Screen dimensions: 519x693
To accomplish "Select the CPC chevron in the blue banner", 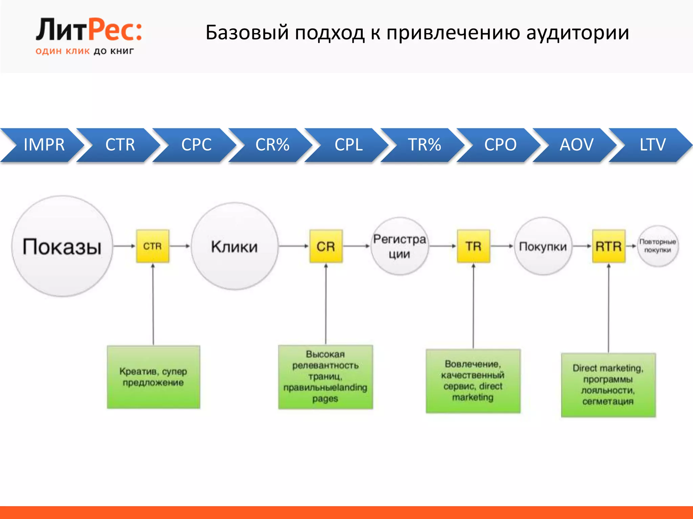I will tap(196, 145).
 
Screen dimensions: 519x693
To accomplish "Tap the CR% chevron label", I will tap(272, 145).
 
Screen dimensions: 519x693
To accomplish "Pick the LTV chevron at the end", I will tap(652, 145).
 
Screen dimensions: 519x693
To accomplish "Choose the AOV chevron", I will tap(576, 145).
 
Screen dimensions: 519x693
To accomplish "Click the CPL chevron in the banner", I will tap(349, 145).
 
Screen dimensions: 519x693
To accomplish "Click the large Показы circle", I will tap(62, 246).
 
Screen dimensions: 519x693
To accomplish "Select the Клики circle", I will tap(234, 246).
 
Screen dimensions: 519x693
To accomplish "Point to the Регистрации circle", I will tap(400, 246).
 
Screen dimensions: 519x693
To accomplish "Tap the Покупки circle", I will tap(543, 246).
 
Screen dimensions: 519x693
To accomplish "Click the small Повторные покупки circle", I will tap(657, 246).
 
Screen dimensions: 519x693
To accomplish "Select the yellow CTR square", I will tap(153, 246).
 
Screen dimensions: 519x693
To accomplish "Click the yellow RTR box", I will tap(608, 246).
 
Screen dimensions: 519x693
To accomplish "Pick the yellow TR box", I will tap(473, 246).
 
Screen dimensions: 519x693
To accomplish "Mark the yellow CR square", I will tap(326, 246).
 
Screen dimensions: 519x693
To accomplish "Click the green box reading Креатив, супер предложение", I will tap(153, 377).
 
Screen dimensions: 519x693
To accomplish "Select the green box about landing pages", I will tap(325, 377).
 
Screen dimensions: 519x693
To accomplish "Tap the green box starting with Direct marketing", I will tap(608, 385).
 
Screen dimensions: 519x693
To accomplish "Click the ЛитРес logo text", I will tap(89, 30).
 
